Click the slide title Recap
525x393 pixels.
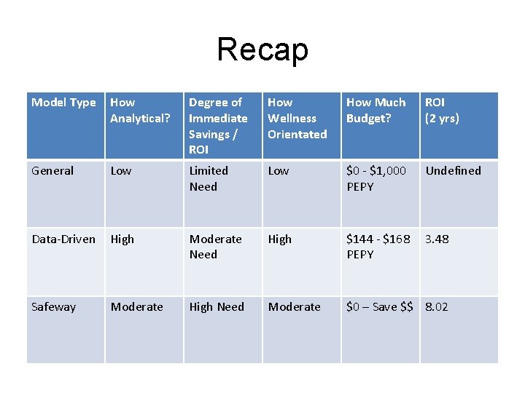[x=262, y=49]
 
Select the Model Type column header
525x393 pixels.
[x=64, y=103]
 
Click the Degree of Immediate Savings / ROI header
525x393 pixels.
[x=218, y=126]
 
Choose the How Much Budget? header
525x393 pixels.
[x=376, y=111]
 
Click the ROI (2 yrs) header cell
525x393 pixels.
[x=442, y=111]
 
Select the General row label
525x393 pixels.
[x=52, y=171]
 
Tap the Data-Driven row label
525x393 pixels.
[x=63, y=239]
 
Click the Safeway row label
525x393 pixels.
[x=54, y=307]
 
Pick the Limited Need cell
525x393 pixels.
[x=209, y=178]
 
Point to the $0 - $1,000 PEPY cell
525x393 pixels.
[x=376, y=178]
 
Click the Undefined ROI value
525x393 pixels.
[x=453, y=171]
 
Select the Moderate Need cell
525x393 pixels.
[x=215, y=247]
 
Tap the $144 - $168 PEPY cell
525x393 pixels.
[x=378, y=247]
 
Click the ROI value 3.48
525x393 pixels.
[x=437, y=239]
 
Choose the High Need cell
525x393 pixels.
[x=217, y=307]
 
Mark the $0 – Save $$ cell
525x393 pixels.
[x=379, y=307]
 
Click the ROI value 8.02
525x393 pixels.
[x=437, y=307]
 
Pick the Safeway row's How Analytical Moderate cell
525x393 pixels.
[x=137, y=307]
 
